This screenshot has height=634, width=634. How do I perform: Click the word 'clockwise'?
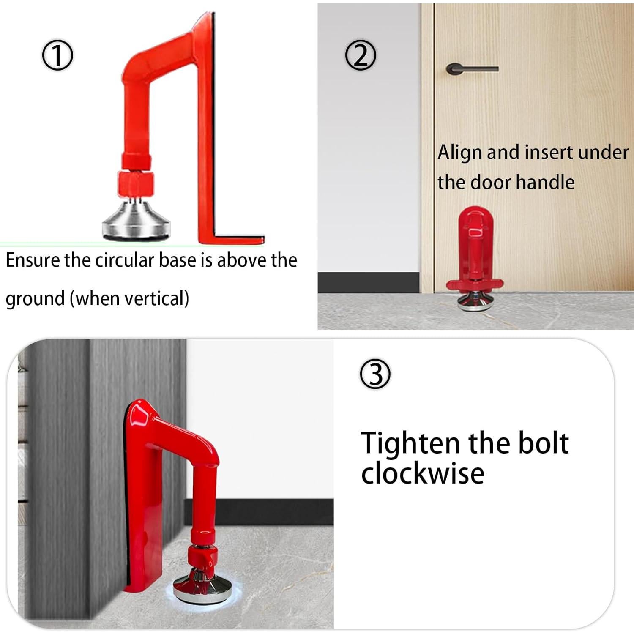point(422,473)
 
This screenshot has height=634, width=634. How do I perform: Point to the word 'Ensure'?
point(33,260)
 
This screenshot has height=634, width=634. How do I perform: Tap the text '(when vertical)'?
point(129,298)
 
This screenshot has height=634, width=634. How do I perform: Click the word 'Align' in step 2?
point(459,152)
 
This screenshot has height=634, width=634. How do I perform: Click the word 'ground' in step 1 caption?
point(35,298)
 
